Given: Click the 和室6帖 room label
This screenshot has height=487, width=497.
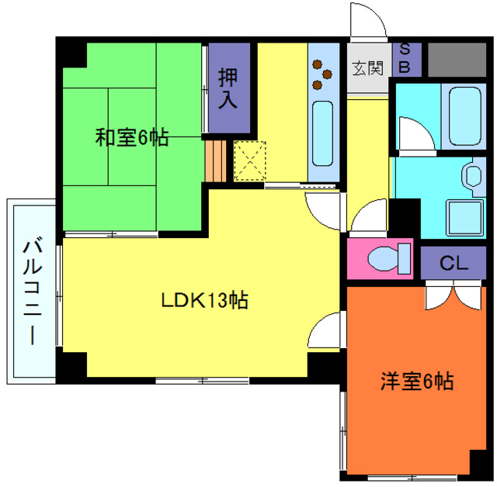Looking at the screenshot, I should coord(132,137).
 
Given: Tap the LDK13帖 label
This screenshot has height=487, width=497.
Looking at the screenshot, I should coord(204,300).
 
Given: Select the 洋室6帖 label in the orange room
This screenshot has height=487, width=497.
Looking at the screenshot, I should coord(417,382).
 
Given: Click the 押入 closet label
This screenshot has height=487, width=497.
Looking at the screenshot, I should coord(228,88).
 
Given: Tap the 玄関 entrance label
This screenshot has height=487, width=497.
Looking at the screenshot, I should coord(368,68).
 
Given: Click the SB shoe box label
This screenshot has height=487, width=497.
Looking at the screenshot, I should coord(405,59).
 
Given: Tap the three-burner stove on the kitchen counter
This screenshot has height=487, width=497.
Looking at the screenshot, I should coord(321,74).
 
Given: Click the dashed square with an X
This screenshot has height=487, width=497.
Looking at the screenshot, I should coord(251,161).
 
